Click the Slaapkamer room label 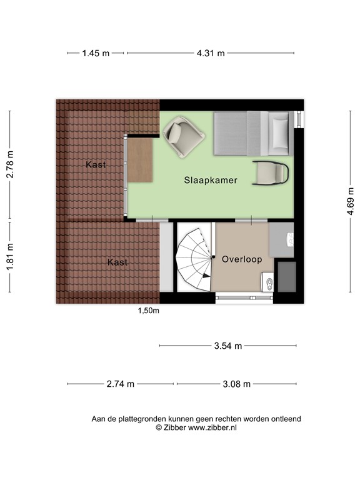[211, 180]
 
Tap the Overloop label [241, 259]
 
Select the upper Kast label [96, 164]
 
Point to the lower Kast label [117, 262]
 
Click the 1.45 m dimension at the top [96, 53]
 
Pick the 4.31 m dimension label [211, 53]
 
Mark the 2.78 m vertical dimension [10, 165]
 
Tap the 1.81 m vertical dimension [10, 256]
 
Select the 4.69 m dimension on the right [351, 202]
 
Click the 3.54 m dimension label [228, 346]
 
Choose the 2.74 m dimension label [121, 384]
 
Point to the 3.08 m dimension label [237, 384]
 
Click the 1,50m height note [149, 311]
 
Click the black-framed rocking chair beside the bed [271, 172]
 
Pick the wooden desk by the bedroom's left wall [141, 159]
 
